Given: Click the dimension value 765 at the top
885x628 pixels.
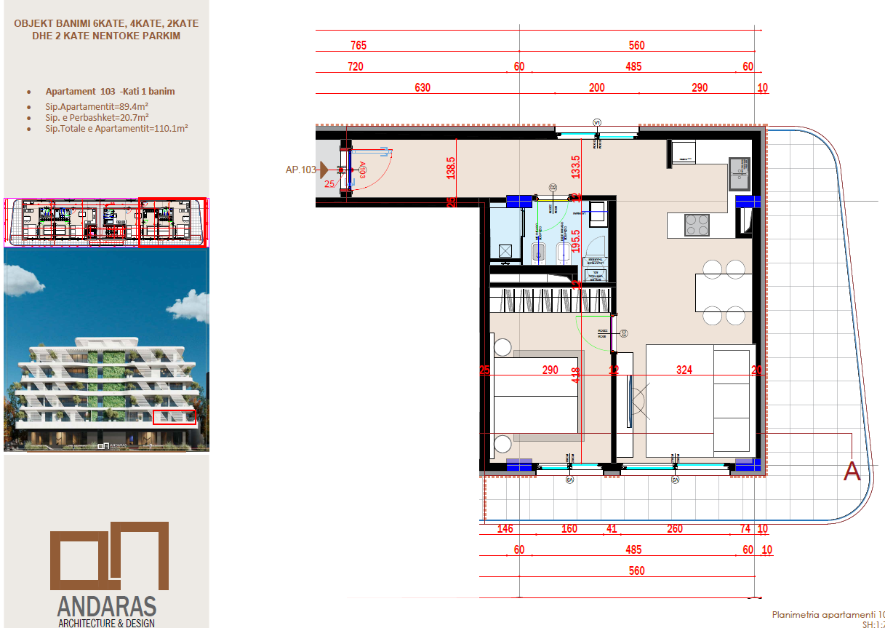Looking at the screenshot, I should pos(358,45).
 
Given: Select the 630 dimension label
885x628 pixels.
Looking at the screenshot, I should pos(423,88).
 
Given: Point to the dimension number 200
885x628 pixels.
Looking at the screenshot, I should pos(596,88).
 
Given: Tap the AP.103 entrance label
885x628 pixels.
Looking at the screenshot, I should pos(300,170).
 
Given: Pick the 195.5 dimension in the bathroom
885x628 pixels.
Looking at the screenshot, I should pos(575,241).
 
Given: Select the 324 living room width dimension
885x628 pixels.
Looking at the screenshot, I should pos(684,370).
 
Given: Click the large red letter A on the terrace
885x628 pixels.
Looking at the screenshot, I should pos(851,472).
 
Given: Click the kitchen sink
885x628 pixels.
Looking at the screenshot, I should pos(740,170).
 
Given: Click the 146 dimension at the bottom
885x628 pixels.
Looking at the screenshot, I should pos(504,529).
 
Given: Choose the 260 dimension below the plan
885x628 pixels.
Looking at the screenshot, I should pos(674,529).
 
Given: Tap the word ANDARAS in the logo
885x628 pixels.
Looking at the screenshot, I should pos(106,605).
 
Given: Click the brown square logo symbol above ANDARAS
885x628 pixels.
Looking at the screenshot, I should pos(109,556).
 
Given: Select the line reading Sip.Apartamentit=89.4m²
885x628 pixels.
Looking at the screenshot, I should pos(97,106).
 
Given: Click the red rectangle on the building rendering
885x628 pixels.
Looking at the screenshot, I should pos(175,417).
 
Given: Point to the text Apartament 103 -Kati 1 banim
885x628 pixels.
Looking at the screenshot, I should pos(110,92).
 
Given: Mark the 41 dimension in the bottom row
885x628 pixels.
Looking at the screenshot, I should pos(611,529).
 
